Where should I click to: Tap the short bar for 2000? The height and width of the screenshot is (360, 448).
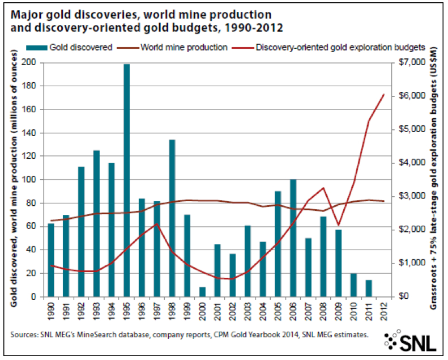click(x=202, y=292)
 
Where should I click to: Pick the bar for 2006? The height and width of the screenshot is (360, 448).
click(x=293, y=238)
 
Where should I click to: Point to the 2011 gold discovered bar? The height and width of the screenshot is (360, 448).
click(x=369, y=289)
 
